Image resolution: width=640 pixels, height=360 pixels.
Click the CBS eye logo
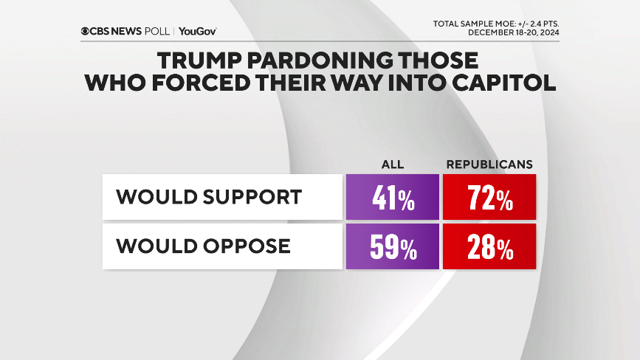pos(86,32)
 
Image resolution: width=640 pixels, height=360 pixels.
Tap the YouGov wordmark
pos(197,32)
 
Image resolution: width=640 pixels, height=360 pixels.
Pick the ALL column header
pos(393,164)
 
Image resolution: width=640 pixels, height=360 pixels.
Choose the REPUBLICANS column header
pos(489,164)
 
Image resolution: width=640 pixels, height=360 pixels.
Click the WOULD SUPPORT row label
pos(209,197)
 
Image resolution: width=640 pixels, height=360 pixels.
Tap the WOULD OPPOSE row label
pos(203,246)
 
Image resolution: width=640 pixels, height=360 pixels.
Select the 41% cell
pos(393,198)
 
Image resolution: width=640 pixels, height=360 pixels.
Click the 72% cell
pos(489,198)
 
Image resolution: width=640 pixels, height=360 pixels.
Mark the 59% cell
pos(393,247)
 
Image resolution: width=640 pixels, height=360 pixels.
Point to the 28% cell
pos(489,247)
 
